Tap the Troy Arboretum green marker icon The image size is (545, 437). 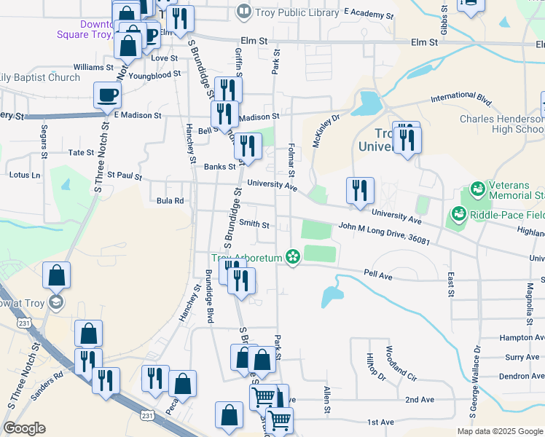(x=293, y=257)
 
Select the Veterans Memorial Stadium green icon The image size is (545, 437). (x=478, y=190)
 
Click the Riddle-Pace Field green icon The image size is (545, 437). (x=459, y=215)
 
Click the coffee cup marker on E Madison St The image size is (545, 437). (x=107, y=95)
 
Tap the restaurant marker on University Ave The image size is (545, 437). (x=359, y=190)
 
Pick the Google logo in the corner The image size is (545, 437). (x=24, y=428)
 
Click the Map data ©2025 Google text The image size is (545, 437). (x=499, y=431)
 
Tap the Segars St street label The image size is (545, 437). (x=44, y=142)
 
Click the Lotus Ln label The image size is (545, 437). (x=25, y=175)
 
